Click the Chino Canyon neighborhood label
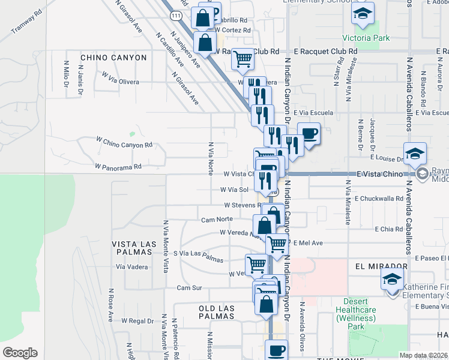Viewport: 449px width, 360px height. coord(113,58)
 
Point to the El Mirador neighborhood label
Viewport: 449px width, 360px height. coord(381,266)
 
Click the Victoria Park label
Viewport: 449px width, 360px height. coord(366,38)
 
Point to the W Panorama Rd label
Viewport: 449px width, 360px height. coord(118,166)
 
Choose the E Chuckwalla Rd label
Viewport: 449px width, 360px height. coord(379,198)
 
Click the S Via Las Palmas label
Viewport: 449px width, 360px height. coord(198,256)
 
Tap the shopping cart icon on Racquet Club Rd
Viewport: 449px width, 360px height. coord(243,59)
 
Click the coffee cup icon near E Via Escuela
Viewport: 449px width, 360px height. coord(309,133)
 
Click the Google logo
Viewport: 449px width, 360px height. coord(20,352)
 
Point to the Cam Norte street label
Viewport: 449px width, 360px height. coord(217,219)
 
